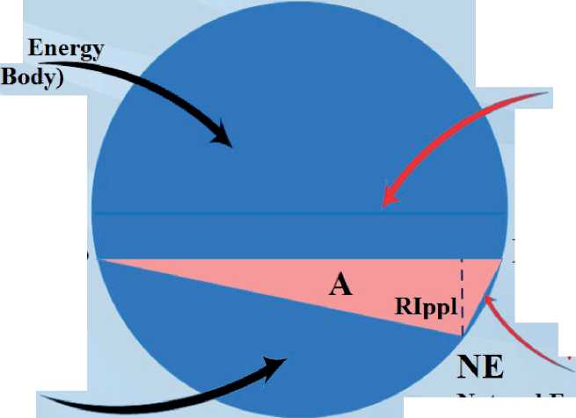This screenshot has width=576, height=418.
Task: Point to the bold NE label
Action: point(481,366)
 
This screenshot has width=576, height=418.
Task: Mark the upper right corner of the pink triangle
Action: point(502,259)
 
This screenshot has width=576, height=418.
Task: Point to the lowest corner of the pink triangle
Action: point(463,336)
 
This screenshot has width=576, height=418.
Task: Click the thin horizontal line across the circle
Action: point(299,213)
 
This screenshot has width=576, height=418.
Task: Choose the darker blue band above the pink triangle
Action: point(299,236)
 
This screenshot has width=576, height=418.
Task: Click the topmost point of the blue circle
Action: point(299,4)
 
